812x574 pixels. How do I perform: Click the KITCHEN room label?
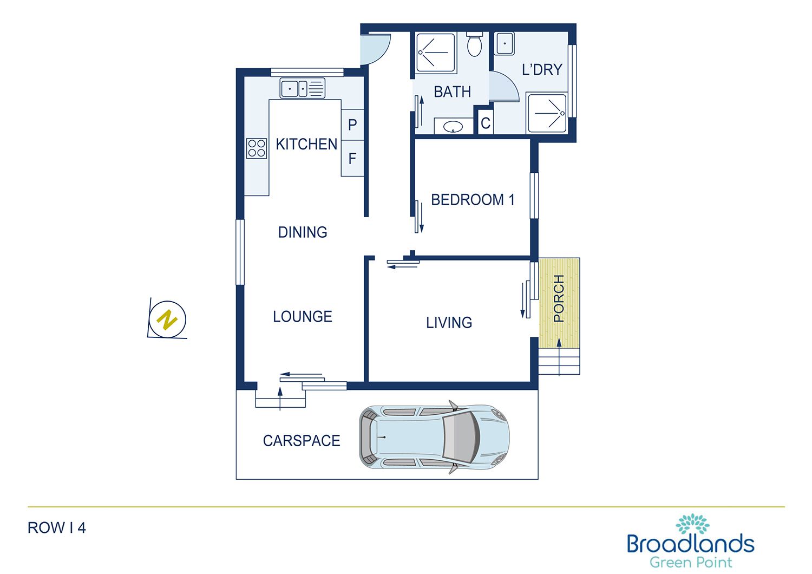[306, 144]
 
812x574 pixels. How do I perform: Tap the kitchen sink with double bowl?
[302, 88]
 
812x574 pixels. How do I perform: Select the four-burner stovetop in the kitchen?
[257, 148]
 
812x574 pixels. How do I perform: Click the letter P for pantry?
[352, 125]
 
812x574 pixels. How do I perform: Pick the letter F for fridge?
[352, 159]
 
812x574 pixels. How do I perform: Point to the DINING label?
[303, 232]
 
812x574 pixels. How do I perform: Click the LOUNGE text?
[303, 317]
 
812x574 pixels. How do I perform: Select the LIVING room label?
[449, 323]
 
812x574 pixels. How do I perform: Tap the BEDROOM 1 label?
[473, 200]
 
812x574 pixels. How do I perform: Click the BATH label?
[453, 92]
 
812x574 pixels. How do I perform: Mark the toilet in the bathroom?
[475, 44]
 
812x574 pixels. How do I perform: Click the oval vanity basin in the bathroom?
[453, 127]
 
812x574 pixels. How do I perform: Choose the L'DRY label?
[542, 70]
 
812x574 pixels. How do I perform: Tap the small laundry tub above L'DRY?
[505, 43]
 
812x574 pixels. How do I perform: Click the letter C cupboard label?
[486, 123]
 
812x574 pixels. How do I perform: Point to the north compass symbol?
[168, 319]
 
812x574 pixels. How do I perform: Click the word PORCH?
[559, 298]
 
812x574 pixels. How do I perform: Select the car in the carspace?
[434, 437]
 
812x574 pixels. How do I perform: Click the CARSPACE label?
[302, 441]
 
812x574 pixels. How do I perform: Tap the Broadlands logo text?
[690, 544]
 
